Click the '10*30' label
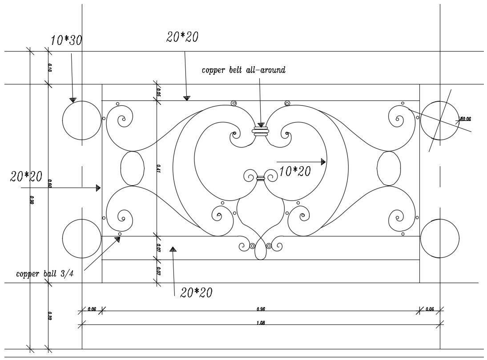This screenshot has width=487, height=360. pos(66,40)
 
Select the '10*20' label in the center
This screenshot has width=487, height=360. pos(295,171)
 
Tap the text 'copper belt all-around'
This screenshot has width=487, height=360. pos(243,70)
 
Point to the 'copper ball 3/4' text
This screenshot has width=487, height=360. pos(44,273)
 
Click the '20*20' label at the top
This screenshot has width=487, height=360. pos(182,37)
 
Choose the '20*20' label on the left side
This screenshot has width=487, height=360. pos(26,176)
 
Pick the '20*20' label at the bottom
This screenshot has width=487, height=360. pos(196,292)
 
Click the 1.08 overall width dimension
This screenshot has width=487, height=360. pos(261,323)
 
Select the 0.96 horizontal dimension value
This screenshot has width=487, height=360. pos(261,309)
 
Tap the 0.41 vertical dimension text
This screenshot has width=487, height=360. pos(159,168)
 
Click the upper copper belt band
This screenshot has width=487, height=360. pos(261,131)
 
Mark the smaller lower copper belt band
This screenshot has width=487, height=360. pos(261,179)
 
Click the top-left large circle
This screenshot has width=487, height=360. pos(82,120)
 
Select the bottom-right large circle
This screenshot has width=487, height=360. pos(440,239)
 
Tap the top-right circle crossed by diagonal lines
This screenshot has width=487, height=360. pos(440,120)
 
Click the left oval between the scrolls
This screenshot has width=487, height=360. pos(133,168)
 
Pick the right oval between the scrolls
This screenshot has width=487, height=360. pos(388,168)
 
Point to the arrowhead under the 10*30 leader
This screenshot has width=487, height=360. pos(72,100)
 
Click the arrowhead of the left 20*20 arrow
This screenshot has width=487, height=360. pos(98,188)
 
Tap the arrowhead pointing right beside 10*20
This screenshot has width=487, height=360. pos(323,162)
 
